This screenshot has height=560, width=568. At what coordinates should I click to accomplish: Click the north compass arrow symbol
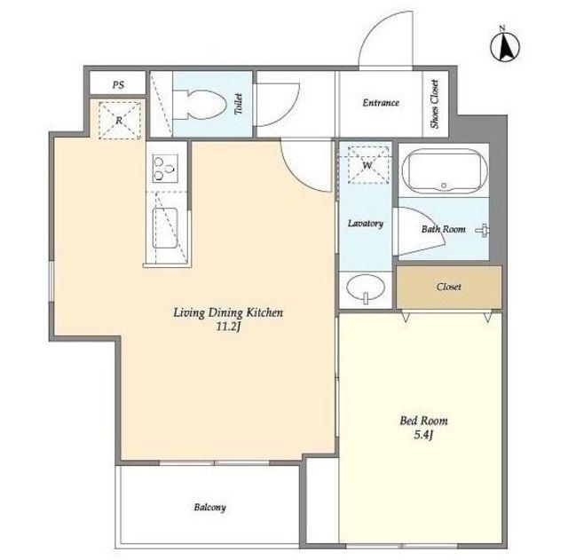point(505,45)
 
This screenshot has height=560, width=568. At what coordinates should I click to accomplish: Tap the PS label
point(118,85)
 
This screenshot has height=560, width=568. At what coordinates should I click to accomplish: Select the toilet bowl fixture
point(199,105)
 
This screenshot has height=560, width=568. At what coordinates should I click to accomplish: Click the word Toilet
point(238,104)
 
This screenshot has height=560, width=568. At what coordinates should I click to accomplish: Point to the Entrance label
point(381,103)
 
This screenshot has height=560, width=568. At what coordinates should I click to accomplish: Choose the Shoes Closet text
point(435,104)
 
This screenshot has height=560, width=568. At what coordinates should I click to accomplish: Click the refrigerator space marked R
point(119,121)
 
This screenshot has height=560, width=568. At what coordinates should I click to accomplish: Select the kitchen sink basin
point(165,228)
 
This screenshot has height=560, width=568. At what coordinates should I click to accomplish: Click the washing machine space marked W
point(368,165)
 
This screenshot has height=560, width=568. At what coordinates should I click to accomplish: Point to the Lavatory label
point(366,223)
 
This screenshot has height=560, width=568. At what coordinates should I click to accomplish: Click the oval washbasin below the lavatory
point(366,288)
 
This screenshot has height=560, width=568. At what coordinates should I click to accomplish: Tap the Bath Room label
point(444,229)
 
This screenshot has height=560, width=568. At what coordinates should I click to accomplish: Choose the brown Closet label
point(449,287)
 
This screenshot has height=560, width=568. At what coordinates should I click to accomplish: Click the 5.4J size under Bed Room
point(423,435)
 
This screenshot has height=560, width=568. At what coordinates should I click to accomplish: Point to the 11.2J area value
point(228,327)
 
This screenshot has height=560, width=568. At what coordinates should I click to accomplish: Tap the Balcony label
point(209,508)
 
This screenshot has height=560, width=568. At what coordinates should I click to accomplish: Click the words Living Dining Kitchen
point(228,312)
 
